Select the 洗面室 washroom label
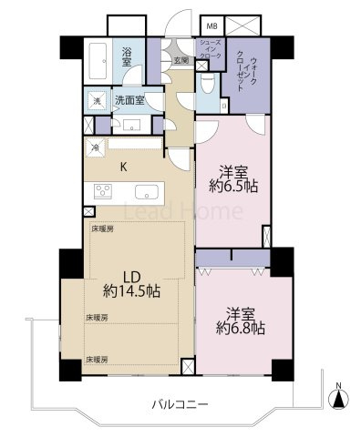tap(132, 99)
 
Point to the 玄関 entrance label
tap(180, 60)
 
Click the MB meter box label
tap(211, 26)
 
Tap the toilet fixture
tap(209, 87)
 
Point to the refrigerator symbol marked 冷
tap(96, 146)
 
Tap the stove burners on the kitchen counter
tap(101, 191)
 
